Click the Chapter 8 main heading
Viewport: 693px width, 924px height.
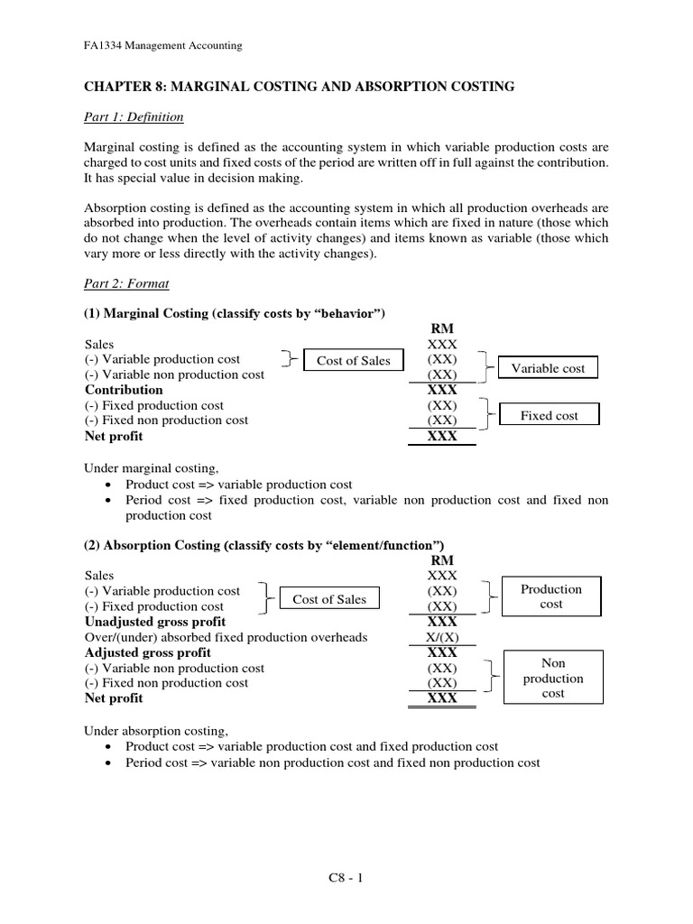point(300,87)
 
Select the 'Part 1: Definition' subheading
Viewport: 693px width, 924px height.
point(134,116)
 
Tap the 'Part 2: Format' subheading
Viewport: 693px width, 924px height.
point(127,283)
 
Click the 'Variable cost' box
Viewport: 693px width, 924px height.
point(548,368)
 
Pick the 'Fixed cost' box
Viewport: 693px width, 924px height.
point(550,416)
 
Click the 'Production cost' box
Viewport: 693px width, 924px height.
point(551,596)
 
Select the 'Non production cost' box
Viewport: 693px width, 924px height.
point(553,678)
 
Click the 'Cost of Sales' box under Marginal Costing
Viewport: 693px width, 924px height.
point(353,361)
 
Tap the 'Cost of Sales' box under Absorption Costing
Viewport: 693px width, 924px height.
point(328,599)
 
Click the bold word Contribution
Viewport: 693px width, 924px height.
point(124,390)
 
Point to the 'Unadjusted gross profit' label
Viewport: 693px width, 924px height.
point(155,622)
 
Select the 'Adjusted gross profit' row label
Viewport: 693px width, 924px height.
point(148,652)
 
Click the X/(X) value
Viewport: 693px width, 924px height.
point(442,637)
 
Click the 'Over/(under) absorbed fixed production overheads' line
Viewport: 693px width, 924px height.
point(226,637)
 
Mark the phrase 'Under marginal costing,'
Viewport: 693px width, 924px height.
point(152,468)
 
